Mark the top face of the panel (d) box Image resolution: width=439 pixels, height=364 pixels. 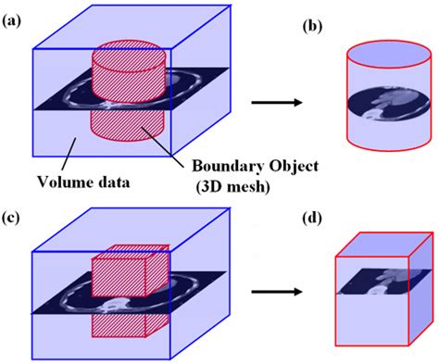point(376,243)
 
